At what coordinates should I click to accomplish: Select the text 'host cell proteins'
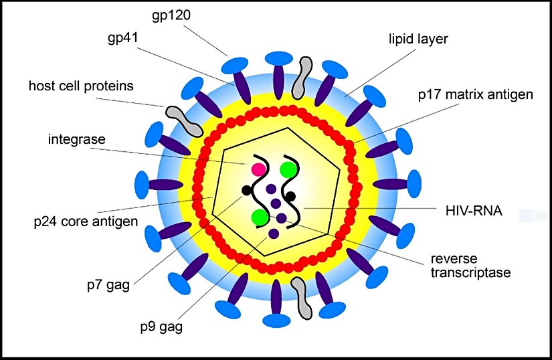(x=81, y=86)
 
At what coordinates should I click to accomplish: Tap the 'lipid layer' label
(x=419, y=39)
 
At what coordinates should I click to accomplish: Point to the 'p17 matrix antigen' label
(x=475, y=94)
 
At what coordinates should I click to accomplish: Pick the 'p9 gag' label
(x=161, y=327)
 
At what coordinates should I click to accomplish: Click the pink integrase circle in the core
(x=258, y=169)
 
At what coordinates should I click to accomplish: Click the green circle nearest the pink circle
(x=288, y=170)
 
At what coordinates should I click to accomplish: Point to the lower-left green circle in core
(x=260, y=217)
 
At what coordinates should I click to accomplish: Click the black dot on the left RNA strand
(x=246, y=191)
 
